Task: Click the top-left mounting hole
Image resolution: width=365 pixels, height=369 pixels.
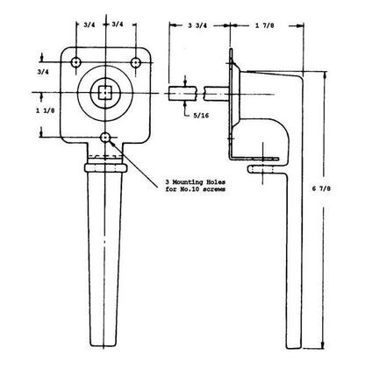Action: pos(76,62)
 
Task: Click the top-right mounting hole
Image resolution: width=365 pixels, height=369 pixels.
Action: pos(135,62)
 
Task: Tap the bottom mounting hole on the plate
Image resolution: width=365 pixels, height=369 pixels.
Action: pos(105,137)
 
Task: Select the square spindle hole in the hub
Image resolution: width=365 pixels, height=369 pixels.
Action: pos(104,93)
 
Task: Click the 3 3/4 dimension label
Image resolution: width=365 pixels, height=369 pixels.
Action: pos(197,25)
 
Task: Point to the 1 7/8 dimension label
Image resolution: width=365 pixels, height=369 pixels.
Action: pos(265,25)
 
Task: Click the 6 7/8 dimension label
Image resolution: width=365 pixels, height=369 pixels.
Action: pos(321,188)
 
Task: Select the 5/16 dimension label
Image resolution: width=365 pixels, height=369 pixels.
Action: pos(201,116)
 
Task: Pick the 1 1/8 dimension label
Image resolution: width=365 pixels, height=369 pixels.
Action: pos(45,110)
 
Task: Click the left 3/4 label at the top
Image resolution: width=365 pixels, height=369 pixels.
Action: pos(89,25)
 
